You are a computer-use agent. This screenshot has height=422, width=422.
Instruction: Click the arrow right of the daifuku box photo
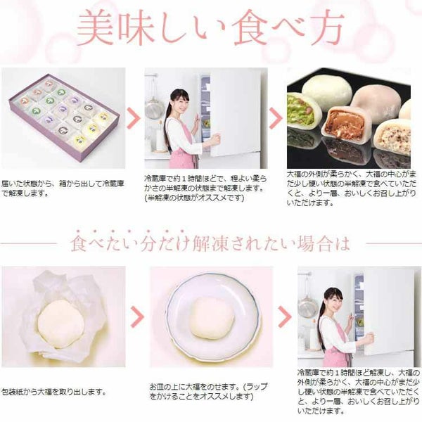[x=134, y=117]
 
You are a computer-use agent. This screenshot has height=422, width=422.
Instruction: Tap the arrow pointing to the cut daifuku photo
[x=276, y=117]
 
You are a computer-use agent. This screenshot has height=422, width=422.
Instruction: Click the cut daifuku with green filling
[x=303, y=113]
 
